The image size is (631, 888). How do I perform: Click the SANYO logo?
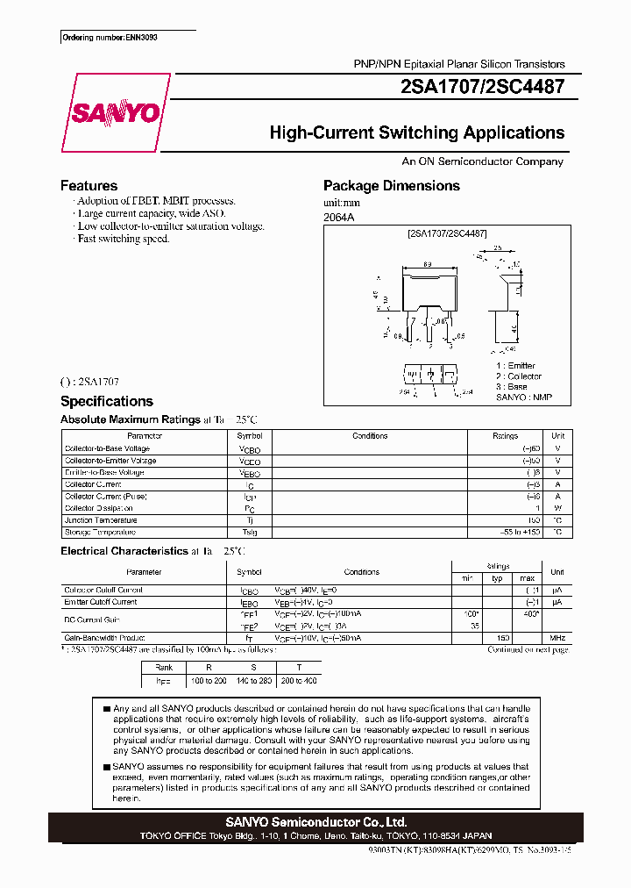115,113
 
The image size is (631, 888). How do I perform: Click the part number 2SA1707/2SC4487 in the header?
481,87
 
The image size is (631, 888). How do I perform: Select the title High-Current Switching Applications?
416,133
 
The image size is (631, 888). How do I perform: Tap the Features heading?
89,186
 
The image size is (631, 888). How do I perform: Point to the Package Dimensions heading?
391,186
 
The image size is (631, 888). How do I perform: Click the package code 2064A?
339,217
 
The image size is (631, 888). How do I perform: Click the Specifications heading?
106,401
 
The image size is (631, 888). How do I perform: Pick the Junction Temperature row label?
100,520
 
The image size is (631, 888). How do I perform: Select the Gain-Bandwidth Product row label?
104,638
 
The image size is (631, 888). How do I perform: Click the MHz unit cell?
557,638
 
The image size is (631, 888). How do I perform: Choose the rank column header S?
254,668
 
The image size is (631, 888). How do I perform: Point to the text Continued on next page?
528,650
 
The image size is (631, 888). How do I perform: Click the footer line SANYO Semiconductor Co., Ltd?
315,822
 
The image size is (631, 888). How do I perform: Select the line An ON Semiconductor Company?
482,161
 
